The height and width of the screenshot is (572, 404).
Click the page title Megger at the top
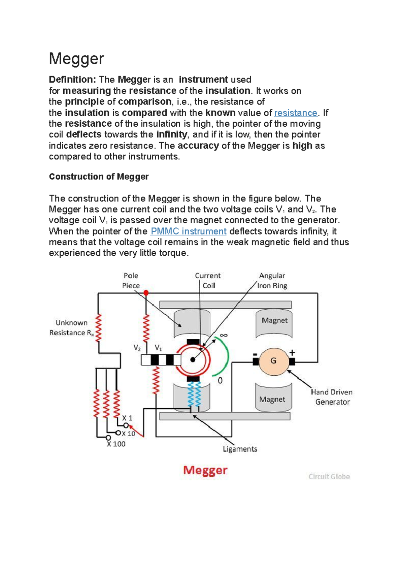pyautogui.click(x=76, y=59)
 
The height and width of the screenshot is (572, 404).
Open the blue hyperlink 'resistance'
pyautogui.click(x=296, y=113)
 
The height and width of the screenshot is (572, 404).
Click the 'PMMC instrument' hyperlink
pyautogui.click(x=189, y=231)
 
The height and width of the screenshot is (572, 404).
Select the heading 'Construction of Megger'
pyautogui.click(x=99, y=177)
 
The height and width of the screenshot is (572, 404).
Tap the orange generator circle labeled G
pyautogui.click(x=273, y=361)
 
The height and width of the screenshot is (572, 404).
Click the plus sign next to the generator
pyautogui.click(x=292, y=352)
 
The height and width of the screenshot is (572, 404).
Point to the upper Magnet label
pyautogui.click(x=274, y=320)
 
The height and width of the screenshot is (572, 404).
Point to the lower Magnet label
pyautogui.click(x=272, y=399)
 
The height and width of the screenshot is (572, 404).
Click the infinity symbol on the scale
pyautogui.click(x=224, y=335)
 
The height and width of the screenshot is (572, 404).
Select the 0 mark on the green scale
pyautogui.click(x=220, y=381)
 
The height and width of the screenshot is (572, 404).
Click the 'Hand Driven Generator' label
pyautogui.click(x=332, y=397)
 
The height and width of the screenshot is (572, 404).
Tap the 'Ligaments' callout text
pyautogui.click(x=240, y=449)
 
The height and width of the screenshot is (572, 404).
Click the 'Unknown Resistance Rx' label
pyautogui.click(x=71, y=328)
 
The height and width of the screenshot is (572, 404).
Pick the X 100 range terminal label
pyautogui.click(x=116, y=444)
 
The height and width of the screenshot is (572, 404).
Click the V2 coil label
pyautogui.click(x=137, y=348)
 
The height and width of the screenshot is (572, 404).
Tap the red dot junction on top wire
pyautogui.click(x=146, y=293)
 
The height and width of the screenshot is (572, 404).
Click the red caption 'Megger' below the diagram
pyautogui.click(x=205, y=470)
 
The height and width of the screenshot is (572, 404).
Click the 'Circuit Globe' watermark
pyautogui.click(x=329, y=477)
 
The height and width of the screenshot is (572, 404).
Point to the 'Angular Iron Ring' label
pyautogui.click(x=272, y=281)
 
